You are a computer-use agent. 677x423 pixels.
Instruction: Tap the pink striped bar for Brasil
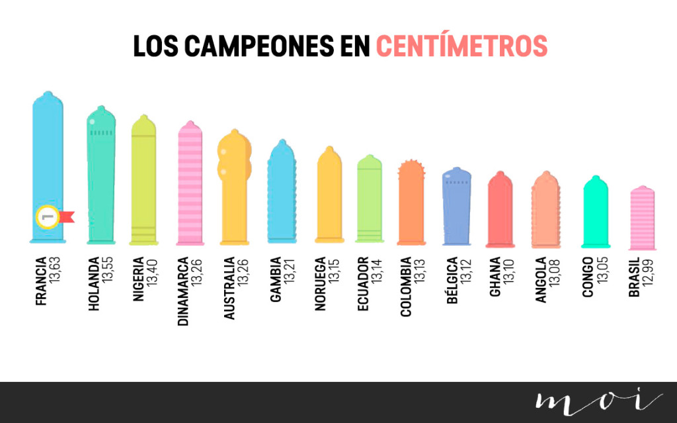641,218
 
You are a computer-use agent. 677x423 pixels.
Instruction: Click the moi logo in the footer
598,402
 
